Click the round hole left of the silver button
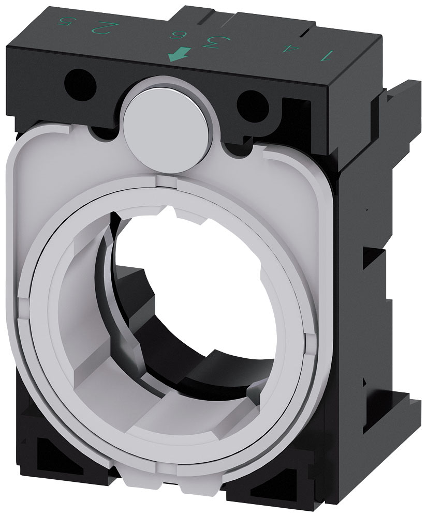[x=80, y=81]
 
